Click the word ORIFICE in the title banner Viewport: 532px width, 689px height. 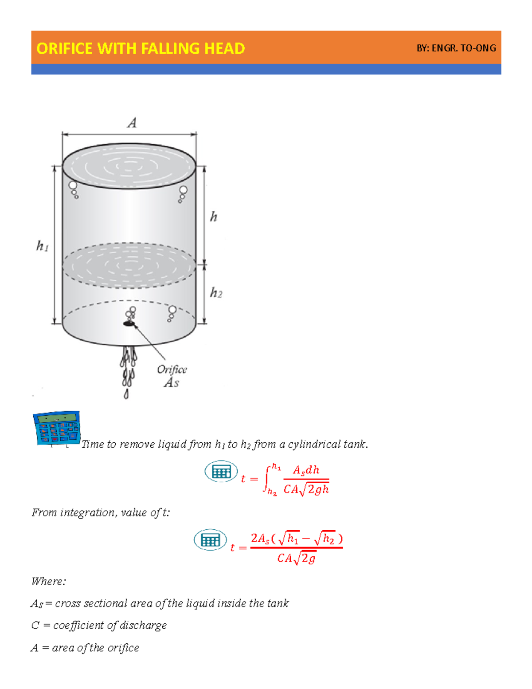(x=65, y=48)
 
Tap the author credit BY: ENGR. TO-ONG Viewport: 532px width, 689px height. (x=456, y=48)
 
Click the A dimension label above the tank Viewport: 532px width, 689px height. (x=132, y=123)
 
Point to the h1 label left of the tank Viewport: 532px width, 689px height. (x=42, y=246)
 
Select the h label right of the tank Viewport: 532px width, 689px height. (x=213, y=217)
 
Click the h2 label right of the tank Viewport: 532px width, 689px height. (x=216, y=293)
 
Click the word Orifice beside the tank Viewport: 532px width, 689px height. (x=172, y=370)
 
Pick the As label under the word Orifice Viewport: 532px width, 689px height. (x=172, y=382)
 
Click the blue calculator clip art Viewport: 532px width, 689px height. (x=57, y=428)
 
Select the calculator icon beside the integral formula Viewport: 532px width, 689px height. (x=221, y=472)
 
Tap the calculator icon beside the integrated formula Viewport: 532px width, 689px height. (x=210, y=540)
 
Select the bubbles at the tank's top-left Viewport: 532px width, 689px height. (x=74, y=189)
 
